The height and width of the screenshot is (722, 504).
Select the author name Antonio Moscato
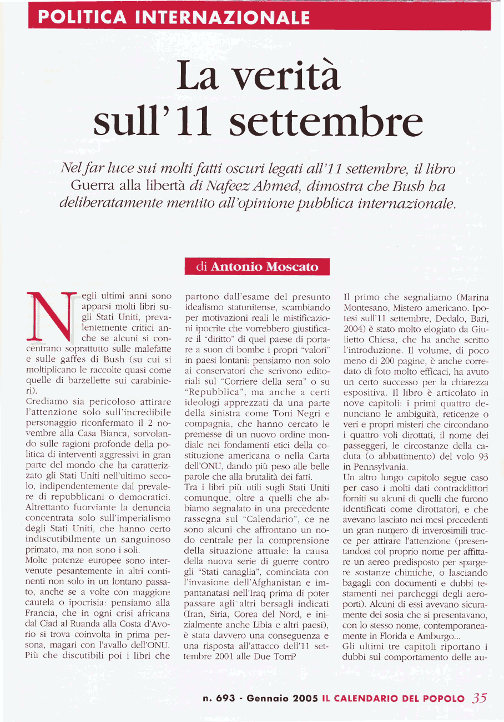[265, 267]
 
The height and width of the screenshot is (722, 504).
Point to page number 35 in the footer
[478, 698]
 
